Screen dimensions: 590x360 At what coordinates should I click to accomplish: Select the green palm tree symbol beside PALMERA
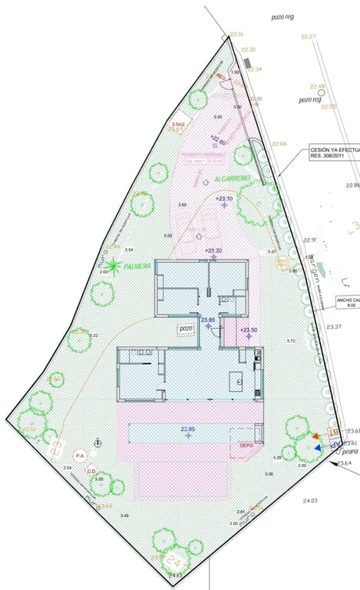point(114,267)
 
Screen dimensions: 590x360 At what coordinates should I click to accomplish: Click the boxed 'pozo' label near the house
point(186,328)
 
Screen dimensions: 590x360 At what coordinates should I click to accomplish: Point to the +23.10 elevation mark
point(224,200)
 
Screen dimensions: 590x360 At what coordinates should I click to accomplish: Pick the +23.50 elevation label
point(248,331)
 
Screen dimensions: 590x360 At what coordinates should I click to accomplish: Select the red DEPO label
point(246,445)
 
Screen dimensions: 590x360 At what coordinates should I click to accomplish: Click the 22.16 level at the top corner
point(236,34)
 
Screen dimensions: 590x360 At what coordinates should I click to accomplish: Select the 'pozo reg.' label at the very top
point(282,16)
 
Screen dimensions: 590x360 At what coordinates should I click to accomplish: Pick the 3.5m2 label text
point(179,124)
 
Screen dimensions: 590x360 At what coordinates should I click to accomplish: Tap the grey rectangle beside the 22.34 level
point(247,61)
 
